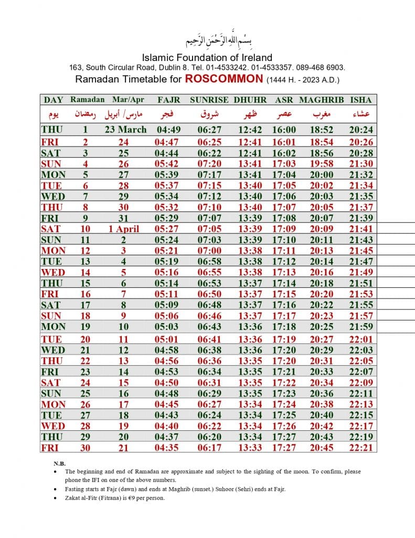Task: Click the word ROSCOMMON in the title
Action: [224, 79]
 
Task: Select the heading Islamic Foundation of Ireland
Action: [207, 57]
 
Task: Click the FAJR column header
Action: [168, 99]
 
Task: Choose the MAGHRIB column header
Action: [322, 99]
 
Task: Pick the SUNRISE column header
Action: [209, 99]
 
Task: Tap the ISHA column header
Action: [360, 99]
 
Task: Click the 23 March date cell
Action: [125, 129]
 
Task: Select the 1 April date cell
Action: [125, 229]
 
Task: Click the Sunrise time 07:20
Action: [209, 163]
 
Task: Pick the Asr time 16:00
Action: [284, 130]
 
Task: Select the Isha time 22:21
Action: [360, 448]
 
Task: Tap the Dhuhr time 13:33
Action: [250, 448]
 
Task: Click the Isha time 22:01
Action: [360, 339]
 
